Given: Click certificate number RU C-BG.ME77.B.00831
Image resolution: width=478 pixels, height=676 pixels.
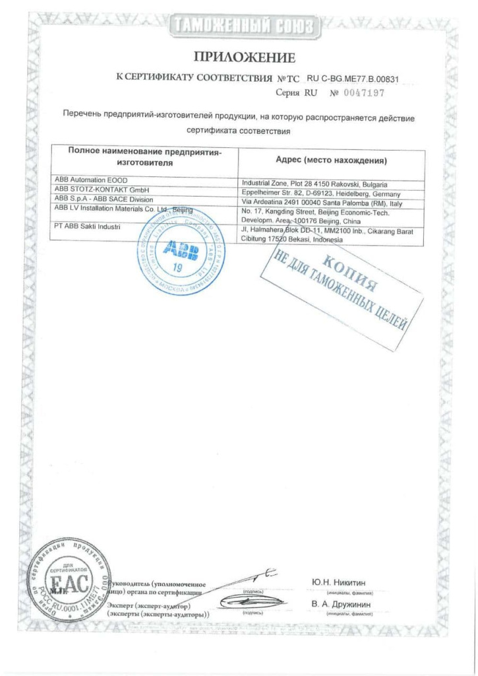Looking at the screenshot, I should pos(353,79).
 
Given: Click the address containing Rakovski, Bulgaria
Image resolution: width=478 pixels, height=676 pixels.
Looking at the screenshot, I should pos(314,184).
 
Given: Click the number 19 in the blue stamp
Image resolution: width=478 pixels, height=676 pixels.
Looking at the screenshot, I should pos(177,267).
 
